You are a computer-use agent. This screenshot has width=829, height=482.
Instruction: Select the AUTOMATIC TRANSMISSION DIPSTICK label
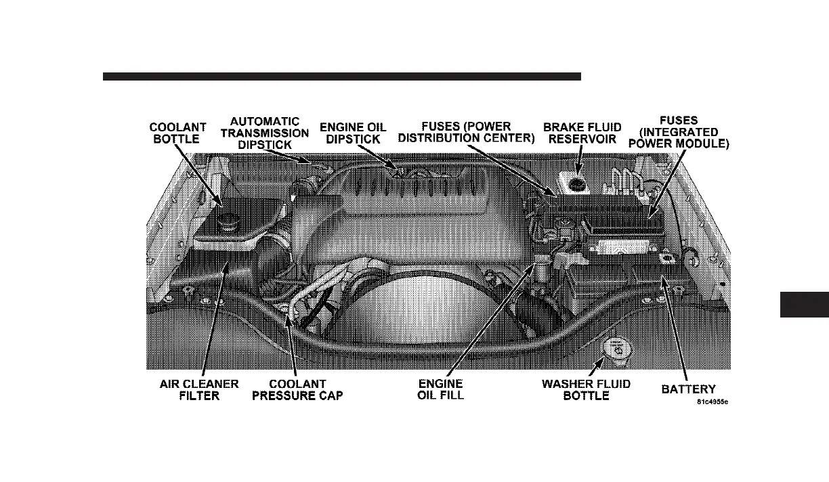point(265,133)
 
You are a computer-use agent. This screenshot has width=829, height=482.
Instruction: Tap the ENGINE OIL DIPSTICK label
point(353,133)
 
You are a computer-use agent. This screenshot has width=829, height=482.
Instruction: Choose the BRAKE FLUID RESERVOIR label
point(582,133)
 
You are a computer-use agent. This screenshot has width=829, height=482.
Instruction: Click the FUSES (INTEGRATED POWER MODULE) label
point(679,133)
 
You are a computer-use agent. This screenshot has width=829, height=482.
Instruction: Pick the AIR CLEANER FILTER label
point(199,389)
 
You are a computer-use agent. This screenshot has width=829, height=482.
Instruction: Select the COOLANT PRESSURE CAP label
point(297,389)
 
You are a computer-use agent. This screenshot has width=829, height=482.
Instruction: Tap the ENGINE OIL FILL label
point(441,389)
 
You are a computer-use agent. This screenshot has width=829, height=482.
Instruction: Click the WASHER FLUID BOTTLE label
point(587,389)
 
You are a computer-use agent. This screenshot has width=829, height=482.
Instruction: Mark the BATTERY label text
point(689,389)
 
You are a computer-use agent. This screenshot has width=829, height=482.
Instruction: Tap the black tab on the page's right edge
point(805,305)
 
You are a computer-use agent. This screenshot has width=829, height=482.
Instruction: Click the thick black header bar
point(342,76)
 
